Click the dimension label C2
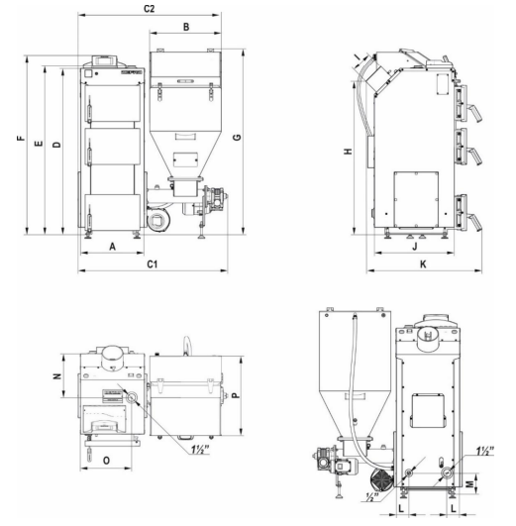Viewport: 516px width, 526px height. [x=149, y=9]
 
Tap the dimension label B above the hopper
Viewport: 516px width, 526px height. [x=186, y=27]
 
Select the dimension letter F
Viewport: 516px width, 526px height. [x=21, y=138]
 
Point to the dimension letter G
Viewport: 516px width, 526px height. [x=237, y=138]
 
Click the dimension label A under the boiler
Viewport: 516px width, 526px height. [x=112, y=247]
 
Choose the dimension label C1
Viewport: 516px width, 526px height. [x=152, y=264]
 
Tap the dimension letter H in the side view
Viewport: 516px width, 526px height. [x=349, y=152]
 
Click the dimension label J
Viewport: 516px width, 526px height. [x=415, y=247]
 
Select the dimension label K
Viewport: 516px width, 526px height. [x=423, y=264]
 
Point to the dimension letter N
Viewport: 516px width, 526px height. [x=57, y=376]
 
